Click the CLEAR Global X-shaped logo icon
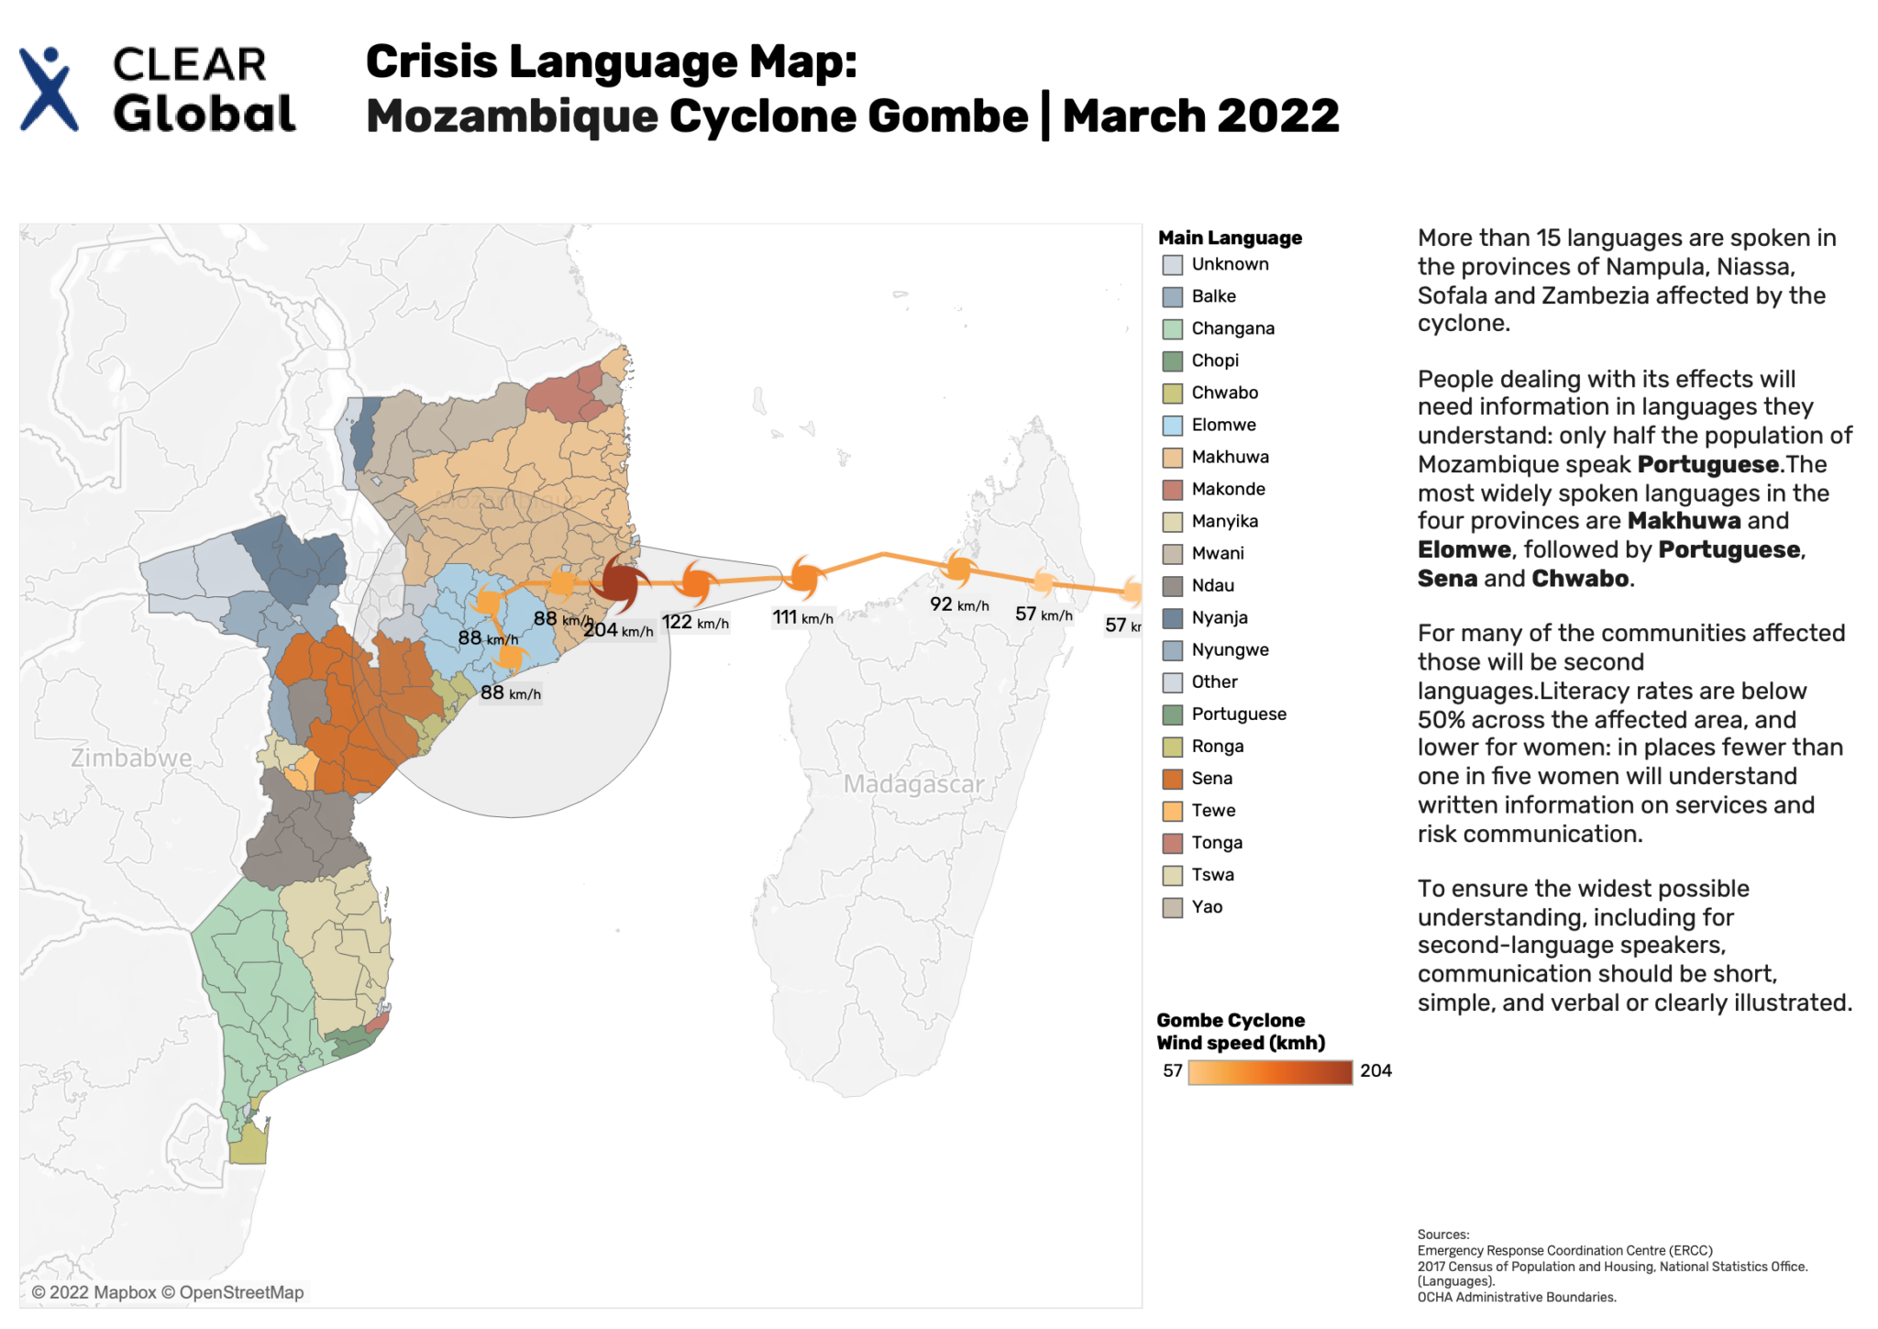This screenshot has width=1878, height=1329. coord(48,89)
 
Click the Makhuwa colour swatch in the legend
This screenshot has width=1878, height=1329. coord(1172,458)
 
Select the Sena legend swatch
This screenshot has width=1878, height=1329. coord(1172,779)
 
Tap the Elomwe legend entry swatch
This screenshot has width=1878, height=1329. coord(1172,426)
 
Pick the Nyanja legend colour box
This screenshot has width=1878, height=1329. coord(1172,618)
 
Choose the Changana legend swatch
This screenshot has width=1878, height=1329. coord(1172,329)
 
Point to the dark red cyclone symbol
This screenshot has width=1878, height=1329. coord(619,582)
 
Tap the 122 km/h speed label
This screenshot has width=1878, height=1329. coord(695,623)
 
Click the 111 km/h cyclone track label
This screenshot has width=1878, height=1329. coord(802,618)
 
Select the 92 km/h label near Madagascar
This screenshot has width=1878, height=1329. coord(959,604)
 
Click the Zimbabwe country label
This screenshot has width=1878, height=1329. coord(131,759)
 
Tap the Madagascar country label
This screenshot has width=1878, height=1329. coord(913,785)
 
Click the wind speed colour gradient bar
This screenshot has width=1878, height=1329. coord(1270,1072)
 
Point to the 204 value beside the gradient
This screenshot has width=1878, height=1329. coord(1375,1071)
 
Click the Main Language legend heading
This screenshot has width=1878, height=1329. coord(1230,238)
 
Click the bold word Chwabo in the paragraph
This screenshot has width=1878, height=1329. coord(1580,579)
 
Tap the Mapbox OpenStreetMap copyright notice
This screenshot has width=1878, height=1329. coord(168,1292)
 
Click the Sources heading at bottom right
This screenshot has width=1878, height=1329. coord(1442,1235)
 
